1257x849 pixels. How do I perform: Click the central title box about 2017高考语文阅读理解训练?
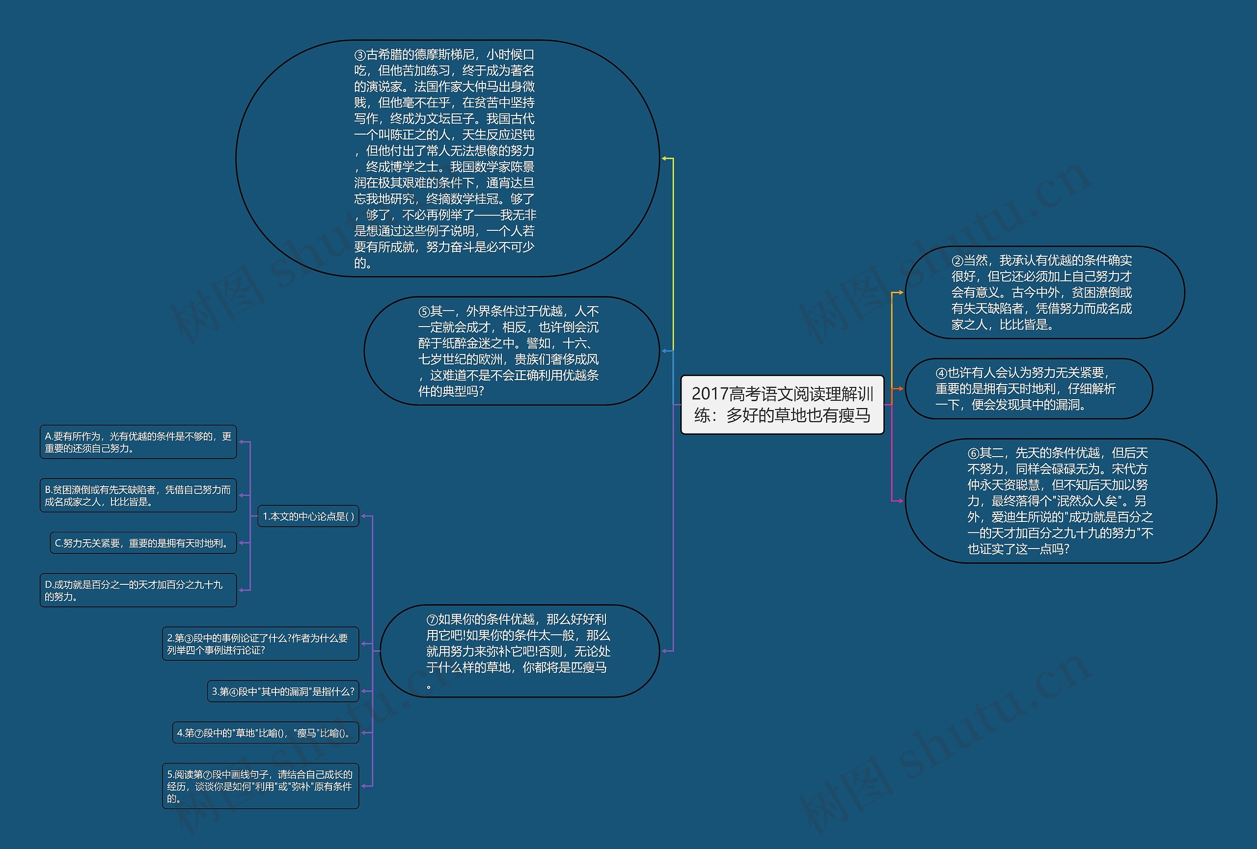(x=782, y=405)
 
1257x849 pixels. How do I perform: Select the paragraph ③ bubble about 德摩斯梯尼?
(x=447, y=159)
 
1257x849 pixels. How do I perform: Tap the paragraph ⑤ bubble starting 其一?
(x=511, y=351)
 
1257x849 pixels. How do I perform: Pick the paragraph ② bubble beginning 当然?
(x=1044, y=293)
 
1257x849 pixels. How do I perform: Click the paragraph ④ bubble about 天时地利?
(x=1028, y=389)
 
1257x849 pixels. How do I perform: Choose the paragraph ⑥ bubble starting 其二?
(x=1060, y=501)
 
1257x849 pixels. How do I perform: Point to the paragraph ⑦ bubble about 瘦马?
(x=519, y=651)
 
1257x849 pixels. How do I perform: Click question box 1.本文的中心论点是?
(x=308, y=517)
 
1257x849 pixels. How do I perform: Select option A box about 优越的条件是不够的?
(x=138, y=442)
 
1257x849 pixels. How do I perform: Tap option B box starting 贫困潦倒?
(x=138, y=495)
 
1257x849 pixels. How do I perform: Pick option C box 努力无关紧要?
(x=143, y=543)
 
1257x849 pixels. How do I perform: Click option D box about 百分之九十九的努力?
(x=138, y=590)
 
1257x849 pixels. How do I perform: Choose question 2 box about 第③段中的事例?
(x=260, y=644)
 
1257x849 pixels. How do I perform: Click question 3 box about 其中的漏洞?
(x=283, y=691)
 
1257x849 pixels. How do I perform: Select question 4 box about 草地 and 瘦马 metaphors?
(x=265, y=733)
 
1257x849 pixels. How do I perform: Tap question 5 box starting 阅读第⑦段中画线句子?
(x=260, y=786)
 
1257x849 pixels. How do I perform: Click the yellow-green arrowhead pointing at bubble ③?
(x=664, y=159)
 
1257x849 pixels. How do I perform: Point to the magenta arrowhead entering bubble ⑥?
(x=900, y=501)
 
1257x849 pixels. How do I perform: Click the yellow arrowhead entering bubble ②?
(x=900, y=293)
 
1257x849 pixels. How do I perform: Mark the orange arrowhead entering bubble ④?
(x=900, y=389)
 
